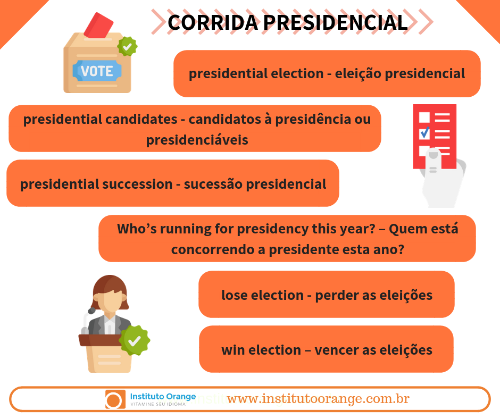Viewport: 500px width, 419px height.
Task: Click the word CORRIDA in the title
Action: (x=213, y=23)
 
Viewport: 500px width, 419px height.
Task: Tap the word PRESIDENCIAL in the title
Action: (x=336, y=23)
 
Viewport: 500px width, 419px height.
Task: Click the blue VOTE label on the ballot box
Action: (x=97, y=71)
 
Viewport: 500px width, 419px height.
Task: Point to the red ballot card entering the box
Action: (x=98, y=26)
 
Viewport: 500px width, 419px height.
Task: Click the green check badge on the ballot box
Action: (x=127, y=47)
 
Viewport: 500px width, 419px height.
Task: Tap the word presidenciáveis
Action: (x=197, y=140)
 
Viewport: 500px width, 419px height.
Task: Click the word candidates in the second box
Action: (x=141, y=120)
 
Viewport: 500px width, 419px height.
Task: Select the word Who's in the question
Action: (x=137, y=229)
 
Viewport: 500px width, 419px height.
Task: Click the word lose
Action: (x=235, y=295)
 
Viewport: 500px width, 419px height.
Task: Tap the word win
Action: (x=233, y=350)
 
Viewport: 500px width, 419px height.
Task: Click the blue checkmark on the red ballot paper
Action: (x=425, y=132)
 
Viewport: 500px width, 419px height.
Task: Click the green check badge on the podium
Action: (x=135, y=340)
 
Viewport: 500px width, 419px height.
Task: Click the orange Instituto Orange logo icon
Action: (x=115, y=399)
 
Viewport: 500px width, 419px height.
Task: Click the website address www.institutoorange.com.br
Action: (x=318, y=399)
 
